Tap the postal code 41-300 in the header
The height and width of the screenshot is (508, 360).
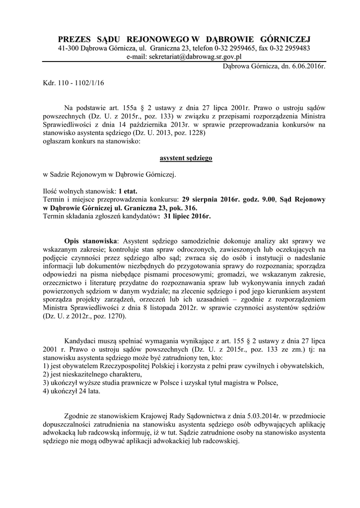coord(71,48)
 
